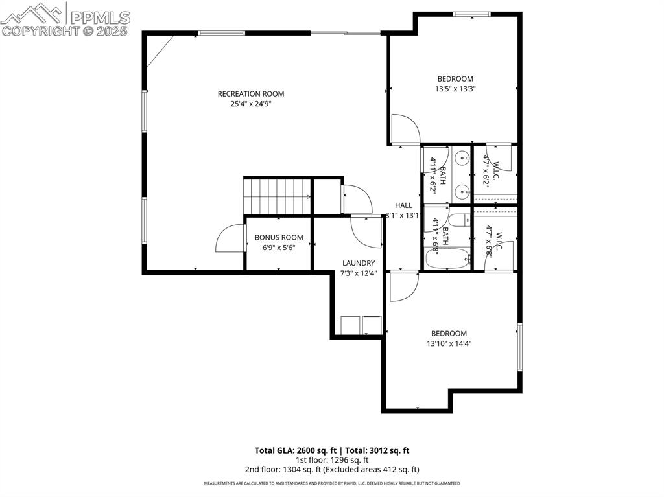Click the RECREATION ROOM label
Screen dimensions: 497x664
pos(250,94)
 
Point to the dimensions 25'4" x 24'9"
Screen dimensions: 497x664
pos(250,104)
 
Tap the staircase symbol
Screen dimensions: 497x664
pos(277,195)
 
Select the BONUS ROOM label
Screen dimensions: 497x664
pos(278,238)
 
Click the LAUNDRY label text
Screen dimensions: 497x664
pos(359,263)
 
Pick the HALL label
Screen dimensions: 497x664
pos(403,205)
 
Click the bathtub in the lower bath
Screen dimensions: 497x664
pos(447,260)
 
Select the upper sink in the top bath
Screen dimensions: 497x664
pos(461,157)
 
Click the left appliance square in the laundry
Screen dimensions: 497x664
pos(351,324)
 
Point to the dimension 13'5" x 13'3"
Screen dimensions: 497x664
pos(455,89)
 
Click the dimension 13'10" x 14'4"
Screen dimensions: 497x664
pos(449,344)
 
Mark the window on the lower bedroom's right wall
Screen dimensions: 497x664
pos(519,347)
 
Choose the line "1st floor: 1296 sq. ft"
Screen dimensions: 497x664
pos(331,460)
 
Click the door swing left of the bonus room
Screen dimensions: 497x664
pos(229,238)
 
